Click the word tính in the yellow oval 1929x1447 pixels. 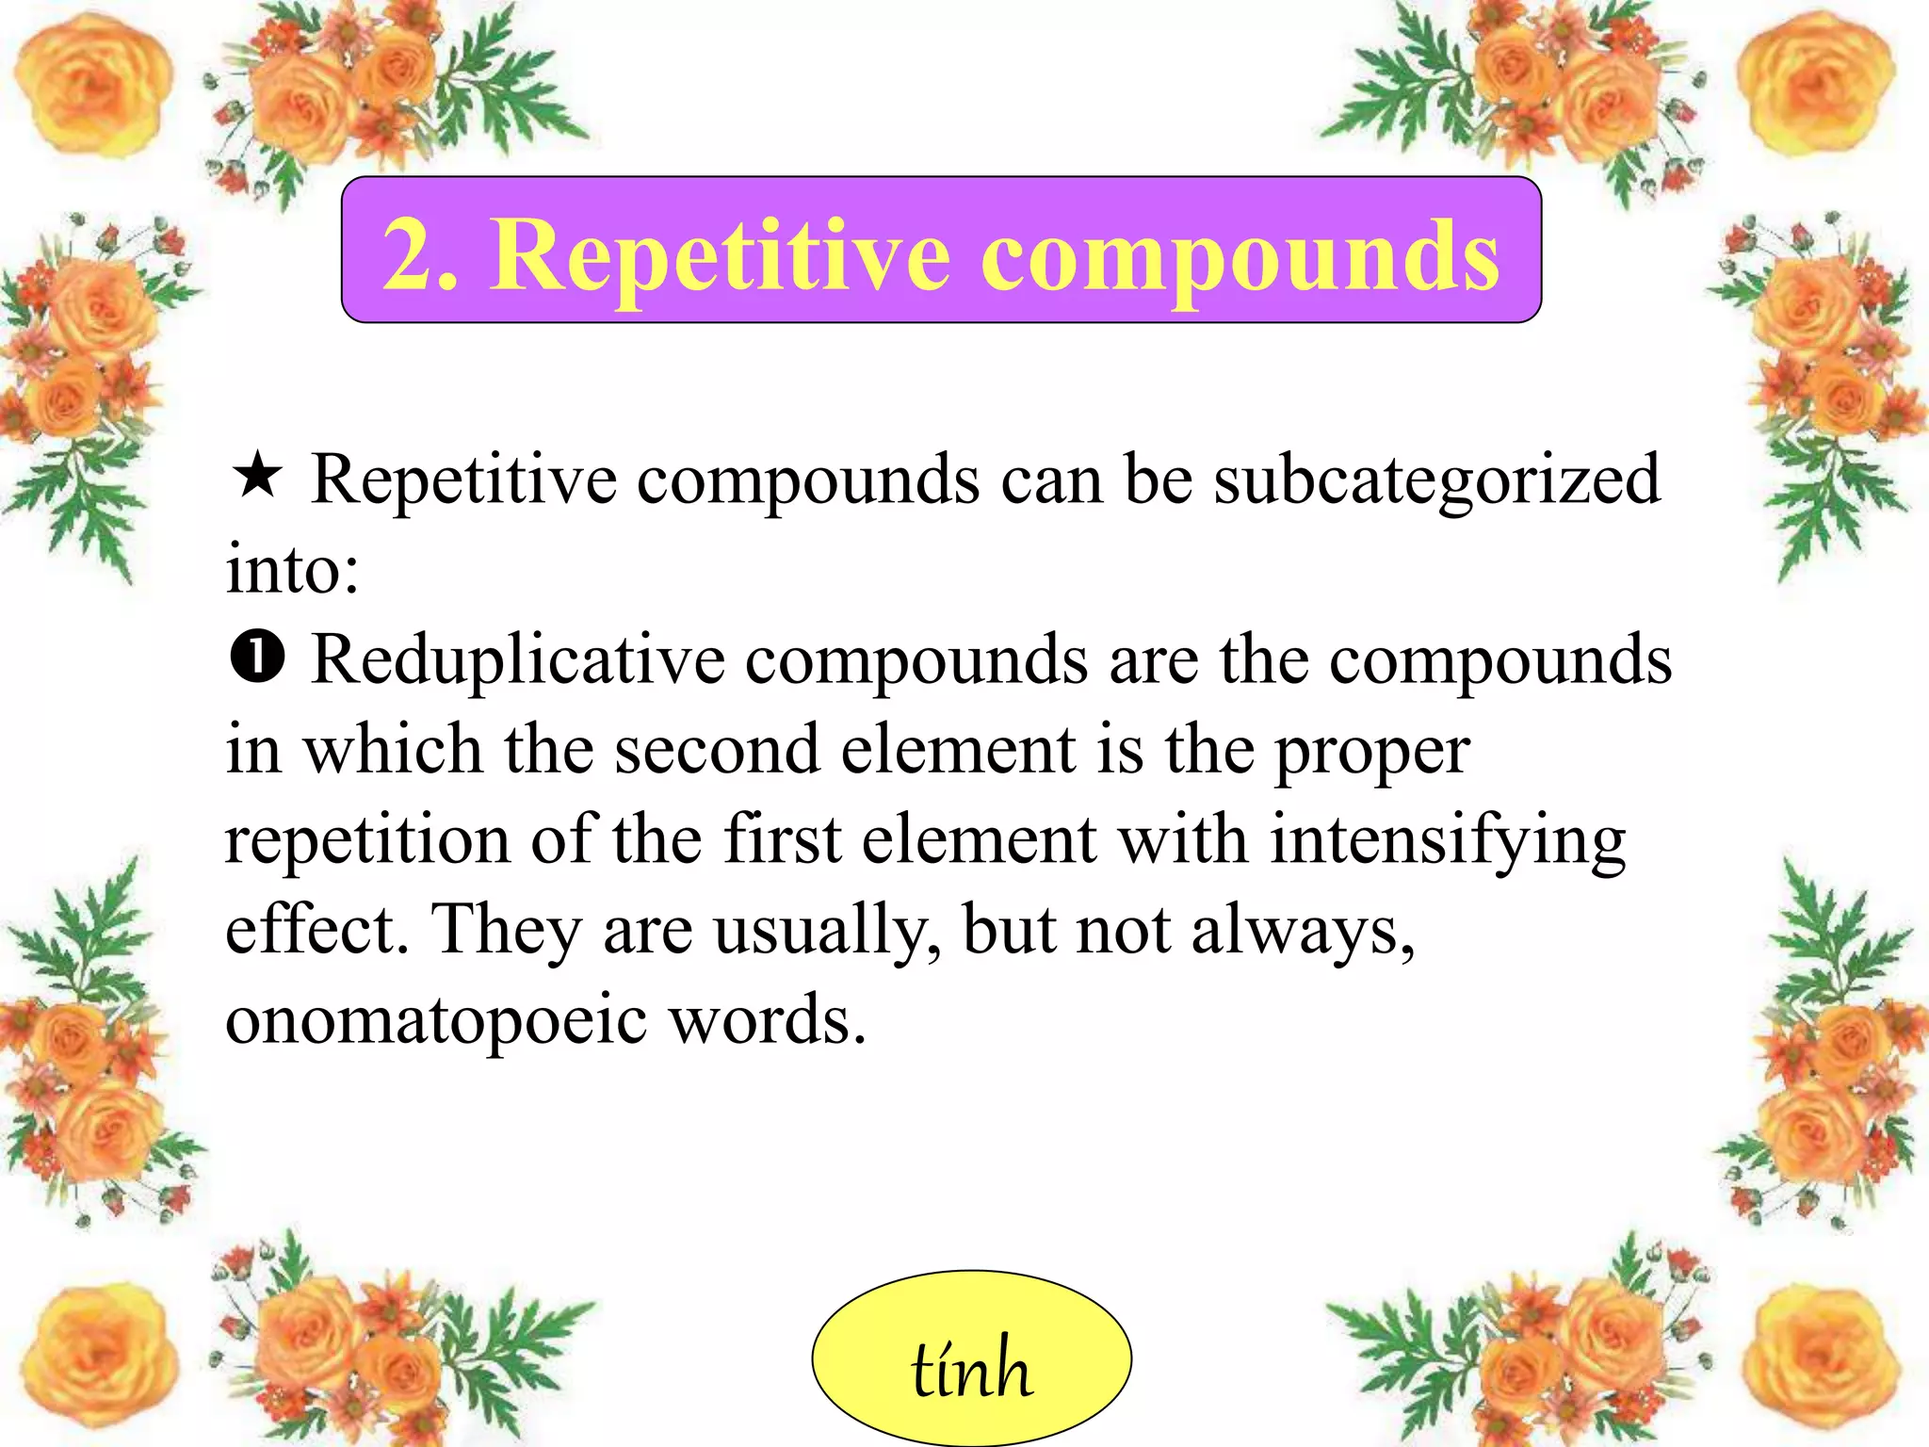[x=971, y=1369]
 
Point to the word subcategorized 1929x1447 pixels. [x=1436, y=480]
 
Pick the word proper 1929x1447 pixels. [x=1372, y=753]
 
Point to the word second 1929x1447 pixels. [x=717, y=751]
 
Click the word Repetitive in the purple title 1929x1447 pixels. [x=721, y=254]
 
